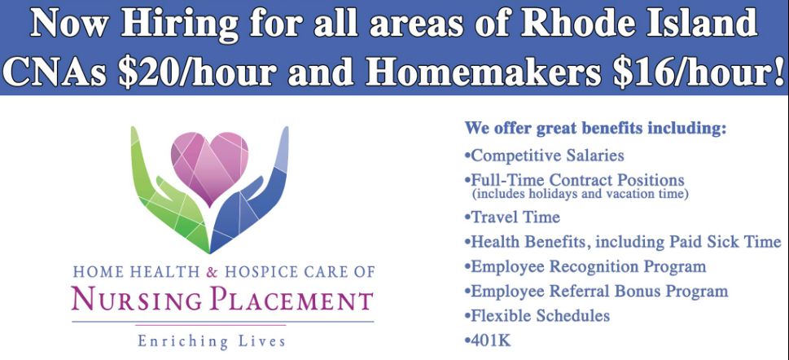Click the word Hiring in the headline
[x=180, y=25]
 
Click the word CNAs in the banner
[x=57, y=73]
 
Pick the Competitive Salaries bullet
[x=544, y=155]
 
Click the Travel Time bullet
[x=511, y=217]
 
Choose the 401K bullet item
[x=488, y=340]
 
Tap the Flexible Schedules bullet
[x=537, y=316]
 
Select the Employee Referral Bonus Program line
[x=596, y=291]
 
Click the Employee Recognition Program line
[x=585, y=266]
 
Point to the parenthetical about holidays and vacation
[x=580, y=194]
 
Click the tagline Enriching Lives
[x=212, y=341]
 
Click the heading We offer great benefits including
[x=595, y=129]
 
